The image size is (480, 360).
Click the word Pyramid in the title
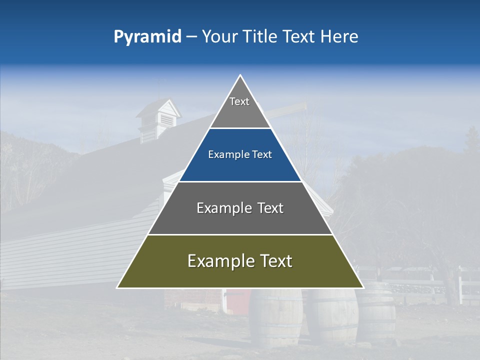coord(147,37)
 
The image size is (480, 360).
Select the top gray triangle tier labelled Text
coord(240,107)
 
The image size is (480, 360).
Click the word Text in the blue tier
coord(262,155)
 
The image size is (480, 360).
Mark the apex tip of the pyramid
coord(240,75)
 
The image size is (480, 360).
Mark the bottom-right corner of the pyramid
coord(363,287)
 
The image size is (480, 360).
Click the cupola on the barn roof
coord(158,118)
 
